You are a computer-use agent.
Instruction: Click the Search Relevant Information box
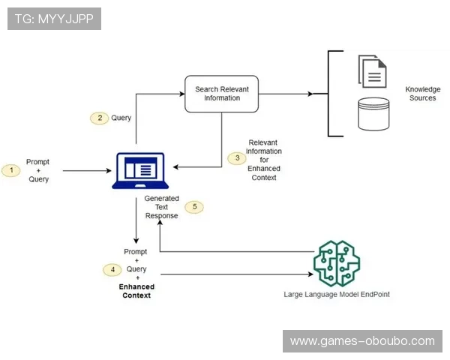pyautogui.click(x=221, y=94)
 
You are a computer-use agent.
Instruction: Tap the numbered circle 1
pyautogui.click(x=12, y=170)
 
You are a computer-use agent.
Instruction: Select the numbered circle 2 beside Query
pyautogui.click(x=99, y=118)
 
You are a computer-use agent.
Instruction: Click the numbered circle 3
pyautogui.click(x=237, y=158)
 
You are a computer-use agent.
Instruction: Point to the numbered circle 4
pyautogui.click(x=112, y=268)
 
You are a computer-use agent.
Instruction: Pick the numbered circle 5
pyautogui.click(x=194, y=206)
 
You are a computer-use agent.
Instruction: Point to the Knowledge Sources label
pyautogui.click(x=422, y=94)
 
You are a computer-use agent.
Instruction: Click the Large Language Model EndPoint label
pyautogui.click(x=337, y=295)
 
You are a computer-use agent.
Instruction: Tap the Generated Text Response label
pyautogui.click(x=161, y=207)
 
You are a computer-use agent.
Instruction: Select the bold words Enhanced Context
pyautogui.click(x=136, y=291)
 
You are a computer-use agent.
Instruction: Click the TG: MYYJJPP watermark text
pyautogui.click(x=53, y=19)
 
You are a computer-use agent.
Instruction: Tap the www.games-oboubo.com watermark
pyautogui.click(x=362, y=341)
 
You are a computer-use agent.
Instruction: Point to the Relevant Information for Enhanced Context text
pyautogui.click(x=263, y=159)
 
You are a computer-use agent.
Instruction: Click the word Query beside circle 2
pyautogui.click(x=121, y=118)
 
